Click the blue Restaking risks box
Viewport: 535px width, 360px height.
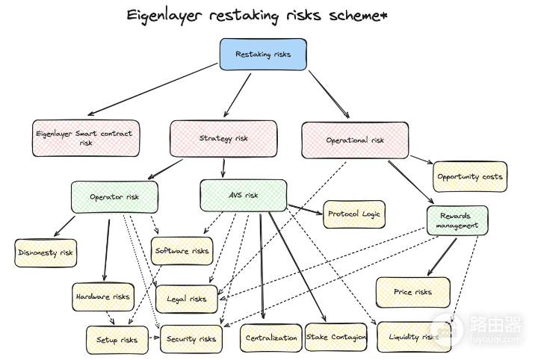[263, 55]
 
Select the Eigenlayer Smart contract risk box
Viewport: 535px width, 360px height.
[86, 138]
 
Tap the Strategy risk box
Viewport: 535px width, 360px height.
[223, 138]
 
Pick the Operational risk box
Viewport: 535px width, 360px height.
[355, 140]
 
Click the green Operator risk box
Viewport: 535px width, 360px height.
[114, 197]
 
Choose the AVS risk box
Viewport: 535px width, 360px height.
[244, 196]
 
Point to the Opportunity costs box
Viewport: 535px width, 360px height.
[470, 176]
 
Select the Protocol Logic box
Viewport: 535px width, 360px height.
[354, 214]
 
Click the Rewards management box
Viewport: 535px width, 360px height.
[457, 220]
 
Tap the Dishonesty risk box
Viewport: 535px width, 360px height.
[46, 252]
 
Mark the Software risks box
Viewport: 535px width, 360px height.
[182, 251]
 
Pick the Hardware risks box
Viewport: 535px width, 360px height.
[102, 297]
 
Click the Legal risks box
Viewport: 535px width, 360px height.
[186, 300]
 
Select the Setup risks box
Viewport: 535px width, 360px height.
[117, 340]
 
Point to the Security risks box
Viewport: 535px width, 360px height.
[191, 339]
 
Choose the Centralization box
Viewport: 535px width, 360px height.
[271, 338]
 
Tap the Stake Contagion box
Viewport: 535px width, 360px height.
[335, 337]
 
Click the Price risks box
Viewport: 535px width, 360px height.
[413, 292]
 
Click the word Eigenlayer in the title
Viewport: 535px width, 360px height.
[164, 16]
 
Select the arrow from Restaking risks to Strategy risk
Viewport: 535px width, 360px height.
[238, 95]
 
